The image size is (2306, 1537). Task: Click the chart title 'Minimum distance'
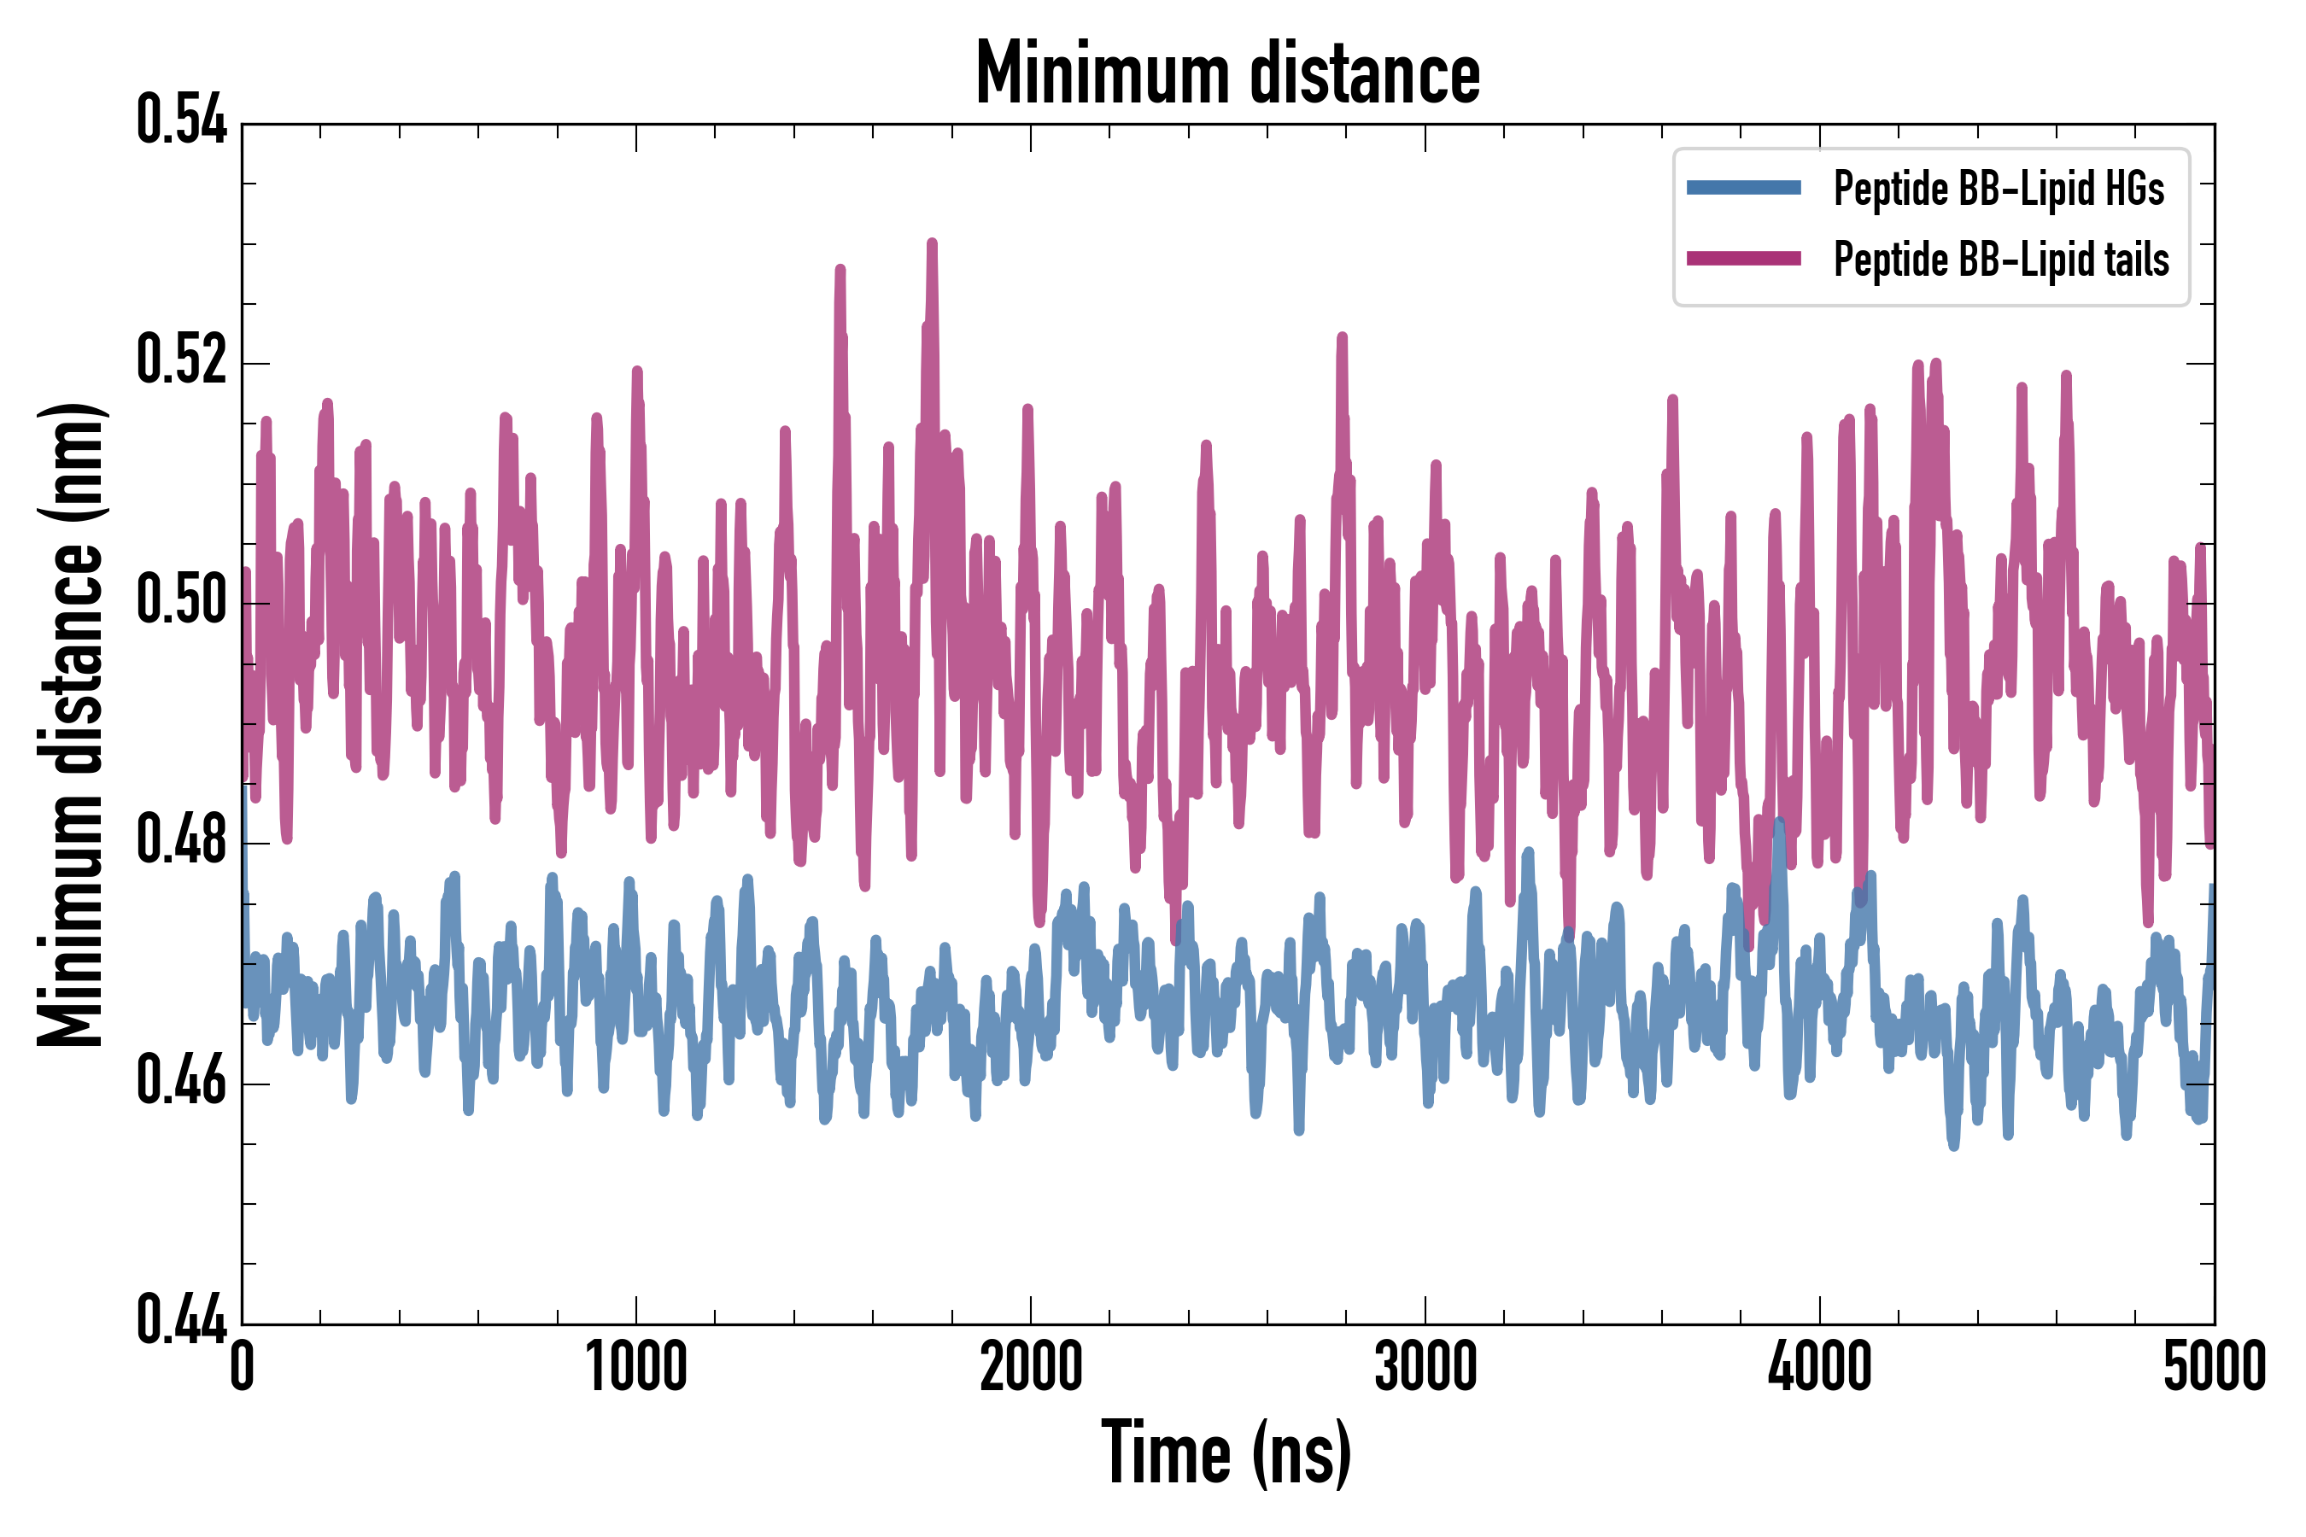click(x=1227, y=73)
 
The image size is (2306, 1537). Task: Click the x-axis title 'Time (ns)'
click(x=1226, y=1453)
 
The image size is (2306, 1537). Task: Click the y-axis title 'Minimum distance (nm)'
click(x=71, y=724)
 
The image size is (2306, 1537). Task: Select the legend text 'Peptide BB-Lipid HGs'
click(x=1999, y=188)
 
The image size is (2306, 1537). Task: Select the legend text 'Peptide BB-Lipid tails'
click(x=2001, y=260)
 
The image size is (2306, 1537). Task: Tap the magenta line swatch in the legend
click(x=1743, y=259)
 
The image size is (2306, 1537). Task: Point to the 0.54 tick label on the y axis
click(x=181, y=121)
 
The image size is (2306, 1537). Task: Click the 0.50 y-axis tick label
click(x=181, y=601)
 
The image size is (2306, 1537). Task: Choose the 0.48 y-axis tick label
click(x=181, y=841)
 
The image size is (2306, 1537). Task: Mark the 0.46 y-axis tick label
click(x=181, y=1081)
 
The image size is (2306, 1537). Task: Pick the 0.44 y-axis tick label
click(x=181, y=1320)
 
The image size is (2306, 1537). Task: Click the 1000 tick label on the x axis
click(x=636, y=1367)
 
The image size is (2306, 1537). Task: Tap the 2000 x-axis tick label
click(x=1031, y=1367)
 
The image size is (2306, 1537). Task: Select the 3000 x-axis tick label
click(x=1425, y=1367)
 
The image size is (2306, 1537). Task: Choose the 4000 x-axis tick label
click(x=1820, y=1367)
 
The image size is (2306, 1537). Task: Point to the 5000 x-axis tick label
click(x=2214, y=1367)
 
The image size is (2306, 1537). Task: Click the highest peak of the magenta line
click(x=932, y=243)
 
